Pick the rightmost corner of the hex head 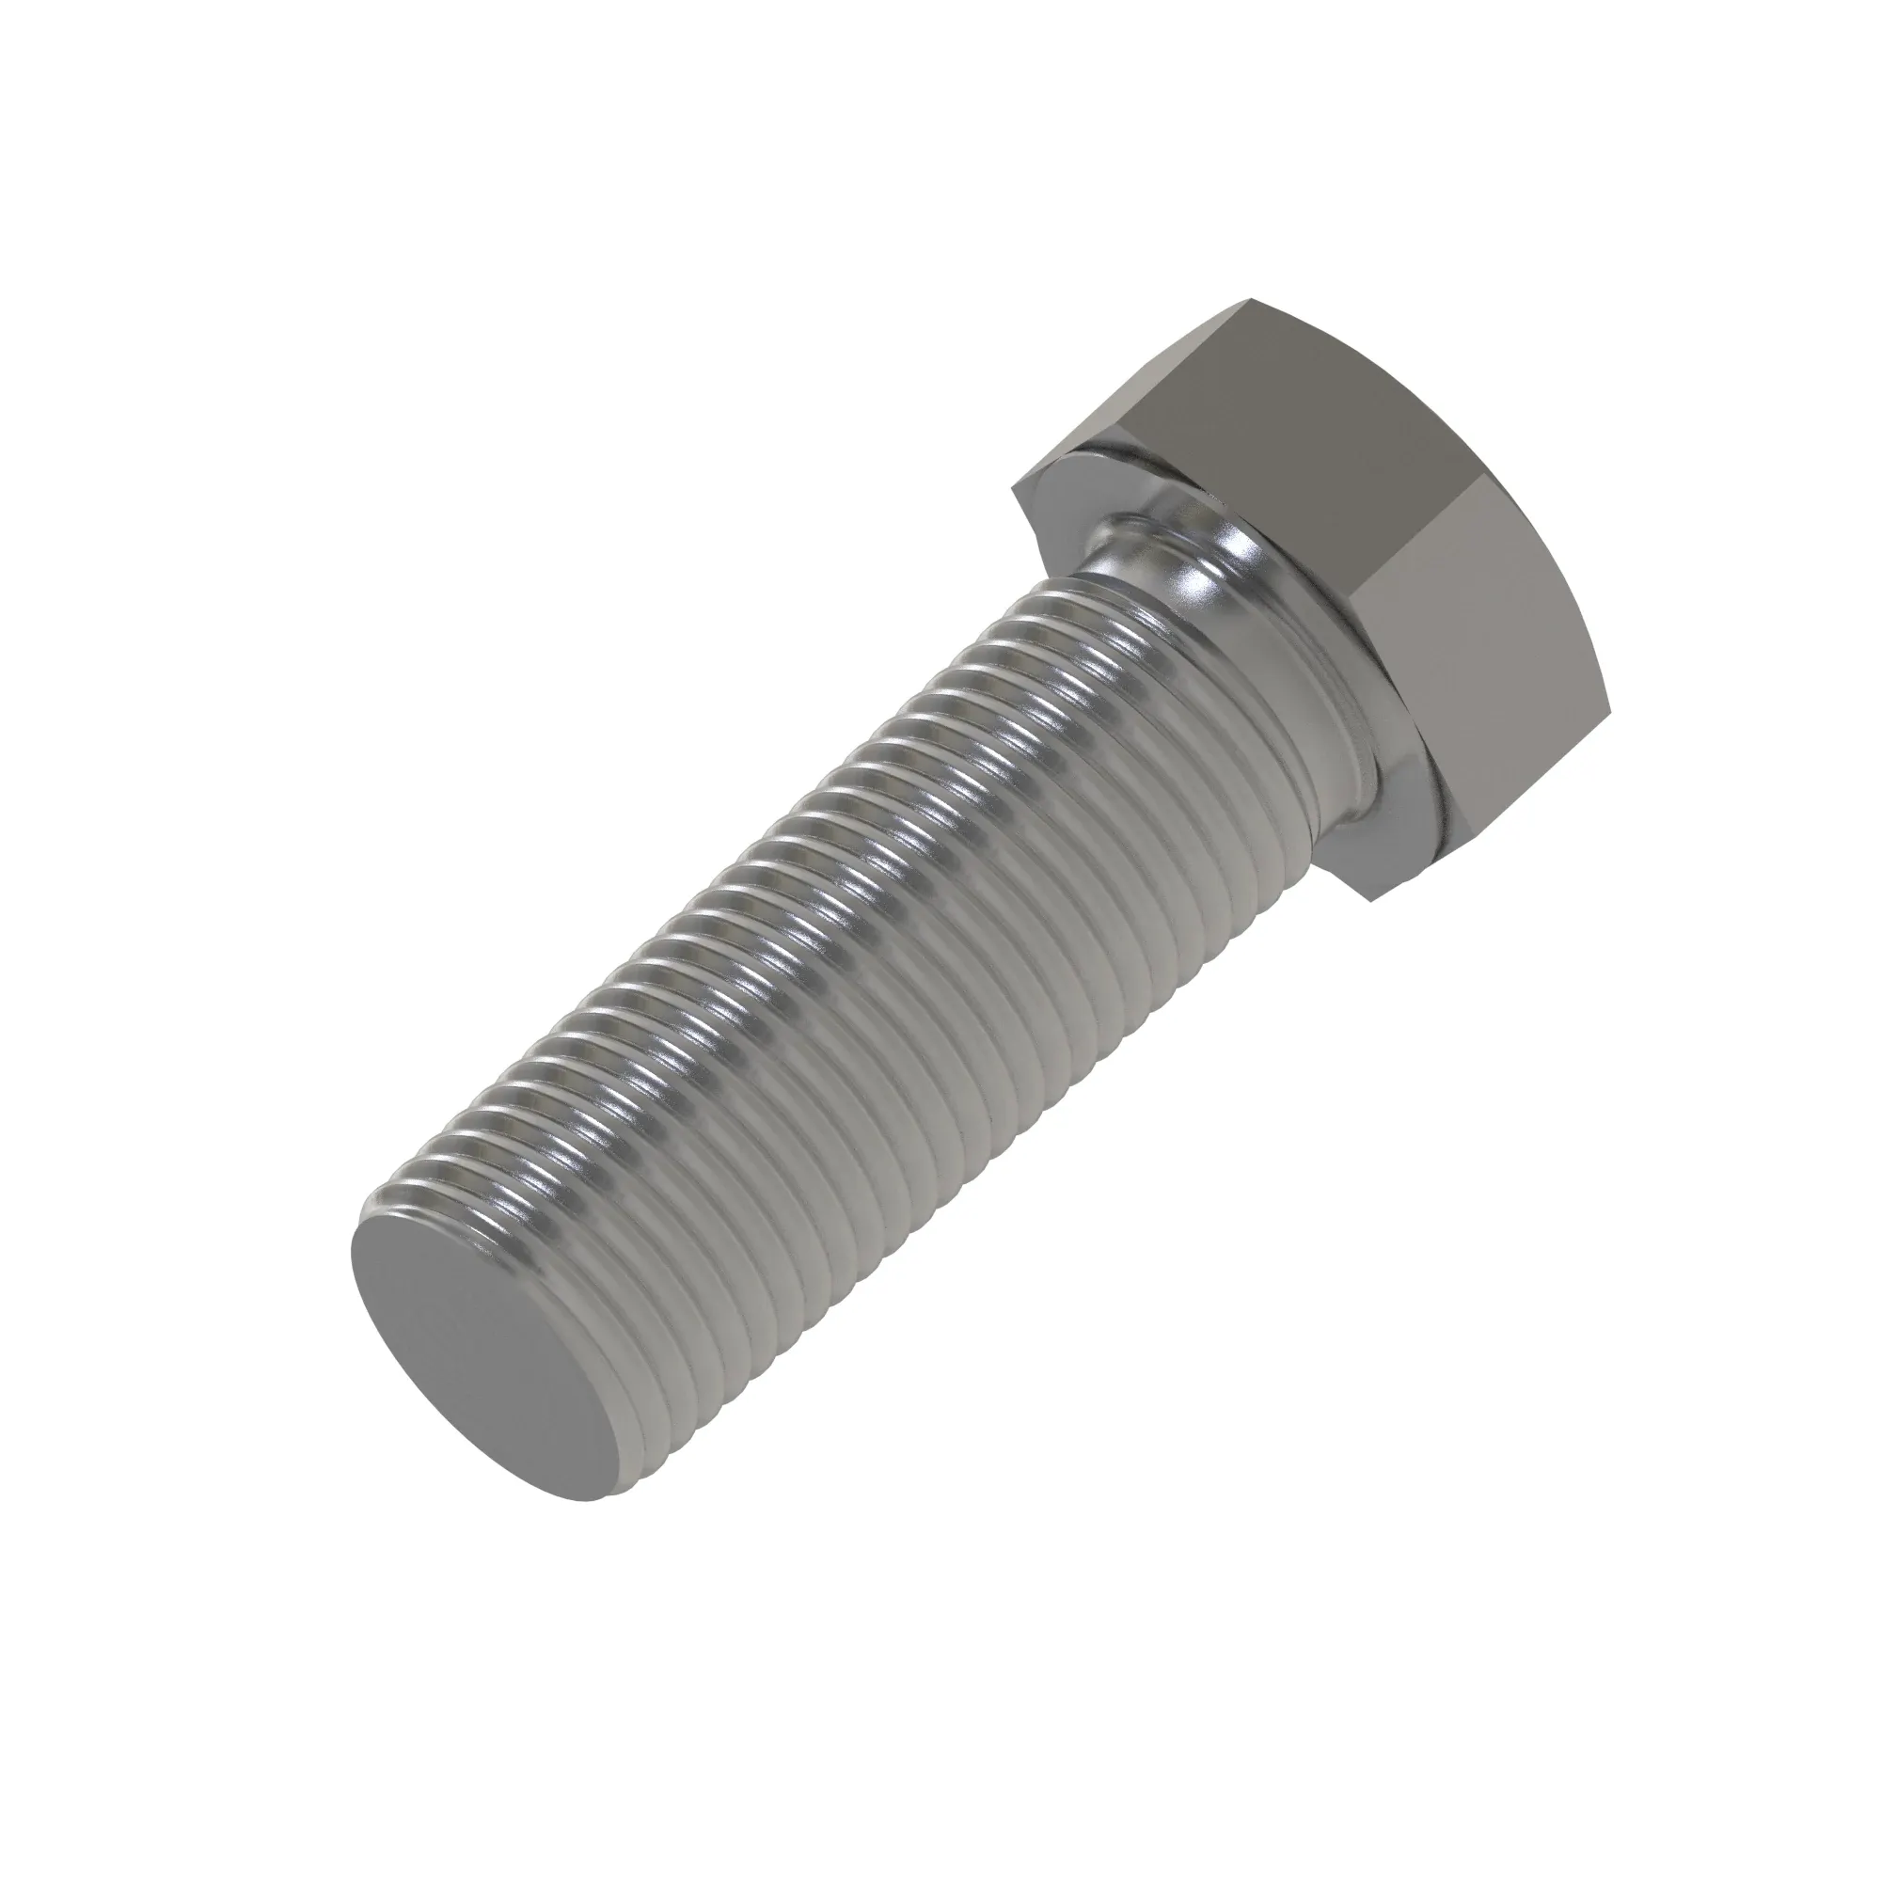1605,682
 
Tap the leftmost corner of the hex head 1014,487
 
